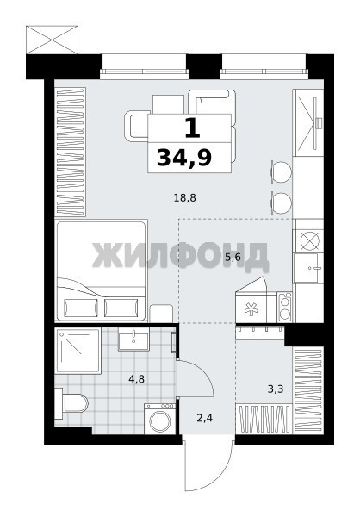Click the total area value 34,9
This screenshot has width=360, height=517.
(x=184, y=158)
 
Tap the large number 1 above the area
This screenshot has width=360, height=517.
(x=193, y=128)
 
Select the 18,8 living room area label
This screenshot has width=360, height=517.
(x=184, y=198)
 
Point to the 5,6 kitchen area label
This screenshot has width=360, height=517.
(x=233, y=257)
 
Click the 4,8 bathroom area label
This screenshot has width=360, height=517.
(x=136, y=379)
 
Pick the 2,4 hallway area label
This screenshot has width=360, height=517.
(x=204, y=419)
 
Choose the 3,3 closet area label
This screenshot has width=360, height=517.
(x=276, y=389)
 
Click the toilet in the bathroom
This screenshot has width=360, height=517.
(x=71, y=403)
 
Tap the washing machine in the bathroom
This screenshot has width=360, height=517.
(x=160, y=419)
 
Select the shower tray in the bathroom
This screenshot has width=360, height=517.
(x=78, y=351)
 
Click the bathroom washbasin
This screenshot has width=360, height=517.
(x=133, y=339)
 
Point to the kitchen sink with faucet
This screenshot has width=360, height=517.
(x=308, y=268)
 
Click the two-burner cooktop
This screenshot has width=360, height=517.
(x=284, y=308)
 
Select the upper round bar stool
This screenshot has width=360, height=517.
(x=281, y=171)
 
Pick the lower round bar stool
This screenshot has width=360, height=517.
(x=281, y=203)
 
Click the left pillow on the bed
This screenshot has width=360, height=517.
(x=81, y=308)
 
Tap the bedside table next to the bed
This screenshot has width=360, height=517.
(x=161, y=314)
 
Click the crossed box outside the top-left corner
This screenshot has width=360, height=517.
(x=52, y=40)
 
